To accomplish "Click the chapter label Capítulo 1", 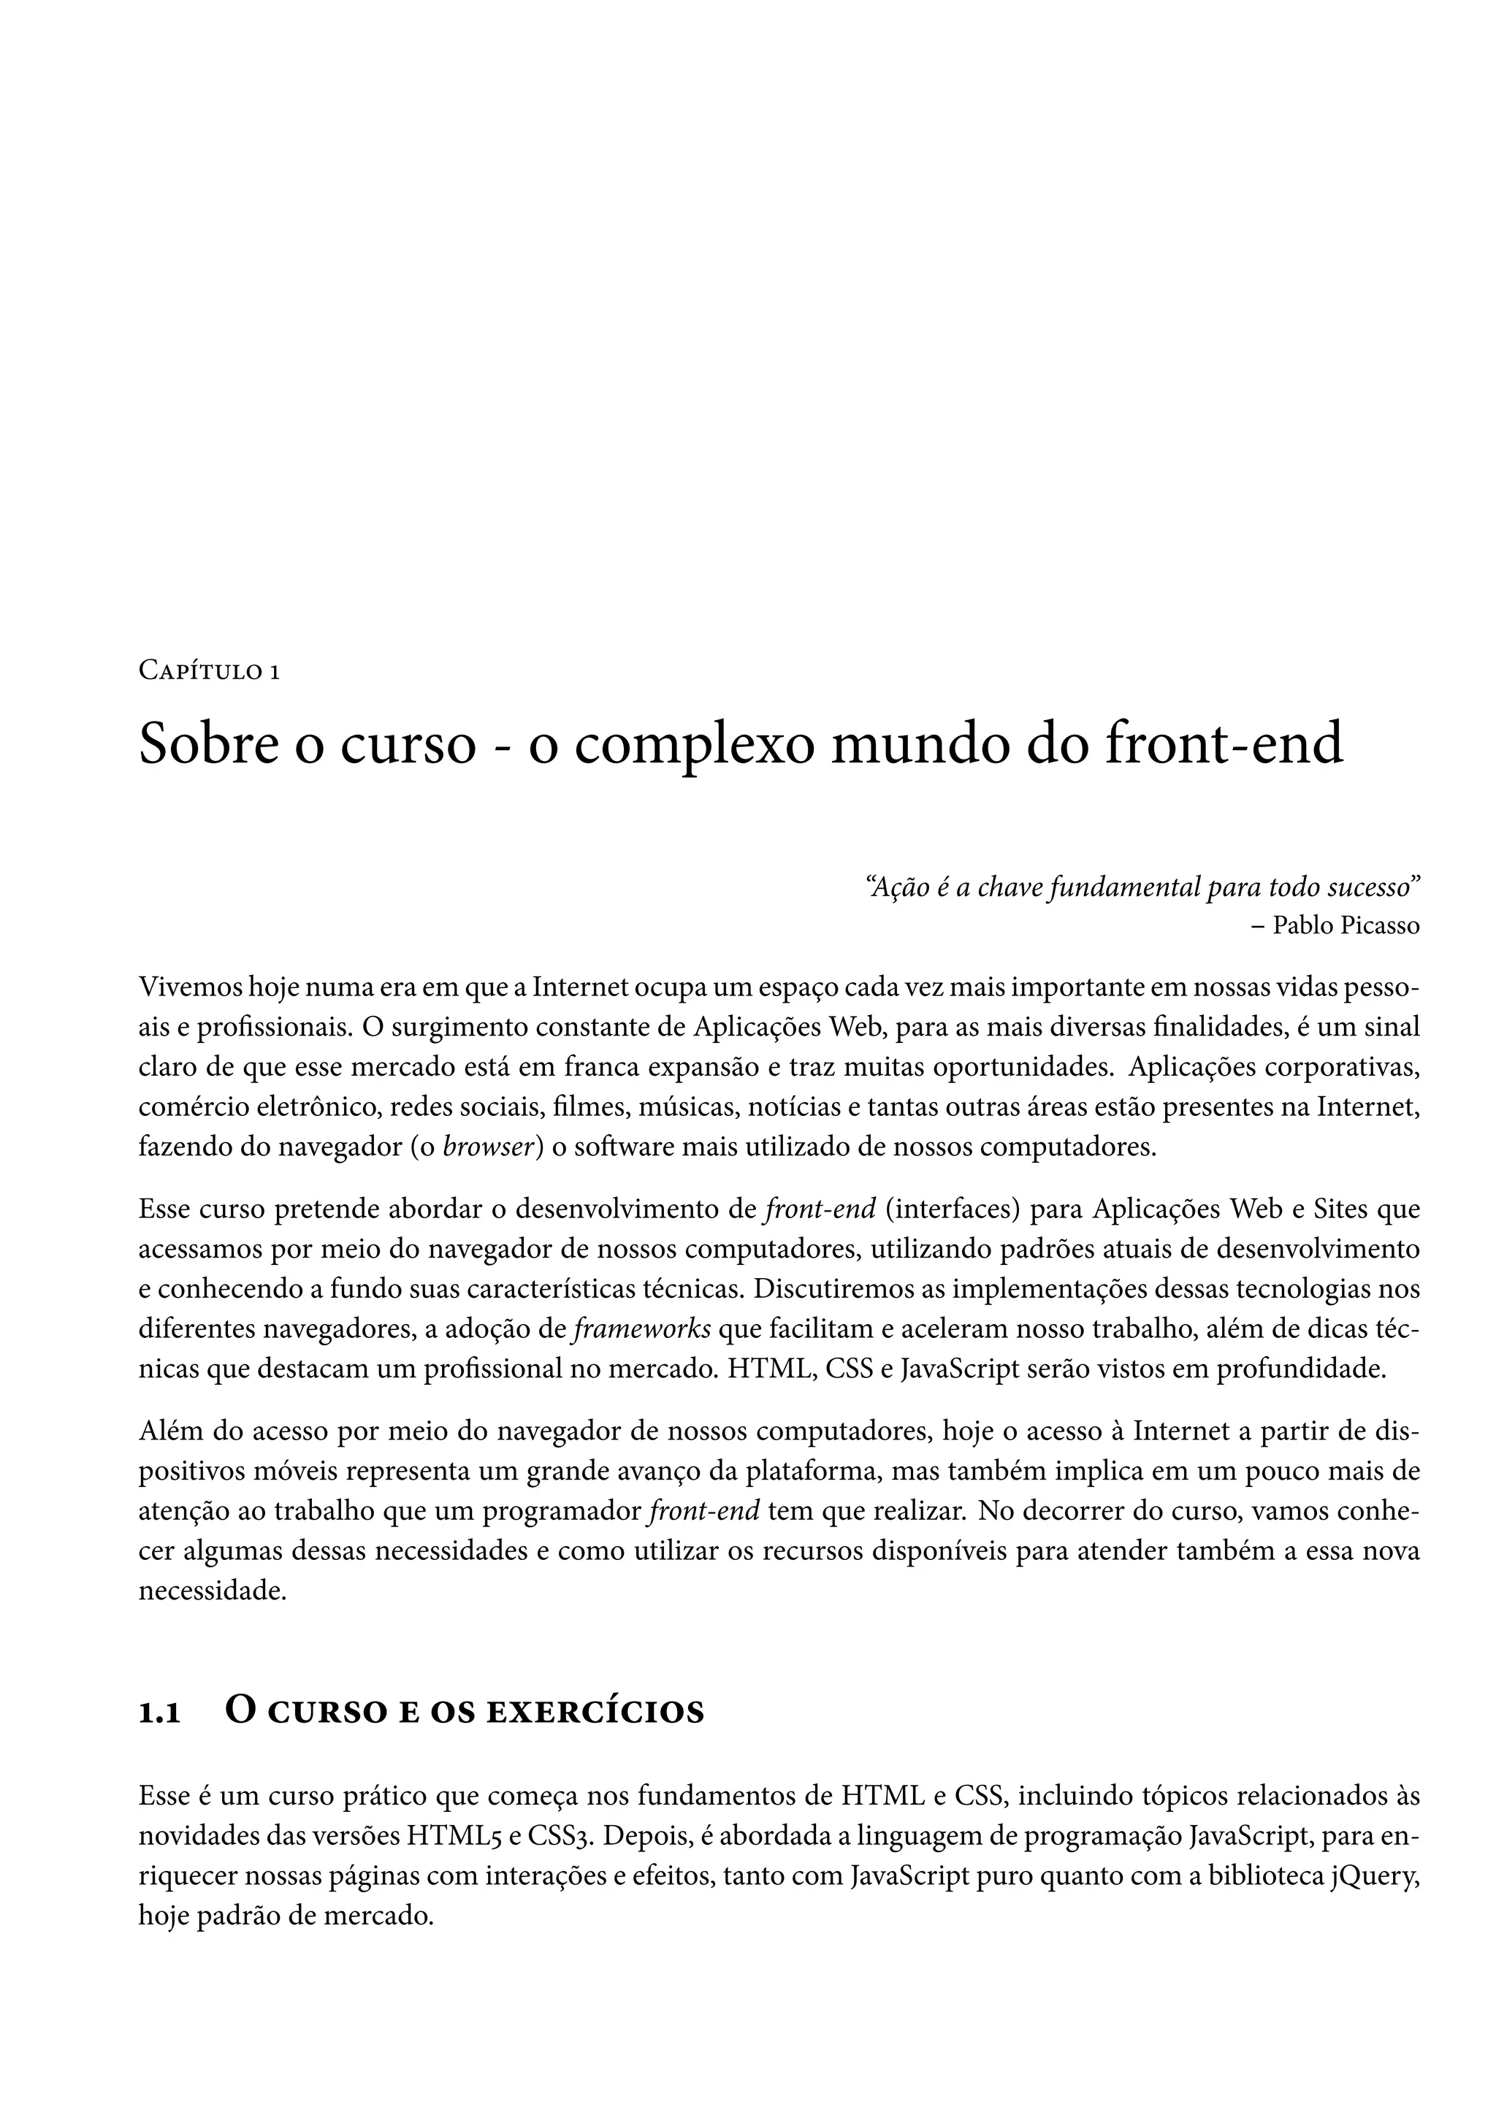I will point(209,672).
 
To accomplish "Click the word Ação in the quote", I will point(893,887).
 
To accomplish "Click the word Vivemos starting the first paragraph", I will point(190,987).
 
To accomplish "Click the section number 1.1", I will point(159,1713).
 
